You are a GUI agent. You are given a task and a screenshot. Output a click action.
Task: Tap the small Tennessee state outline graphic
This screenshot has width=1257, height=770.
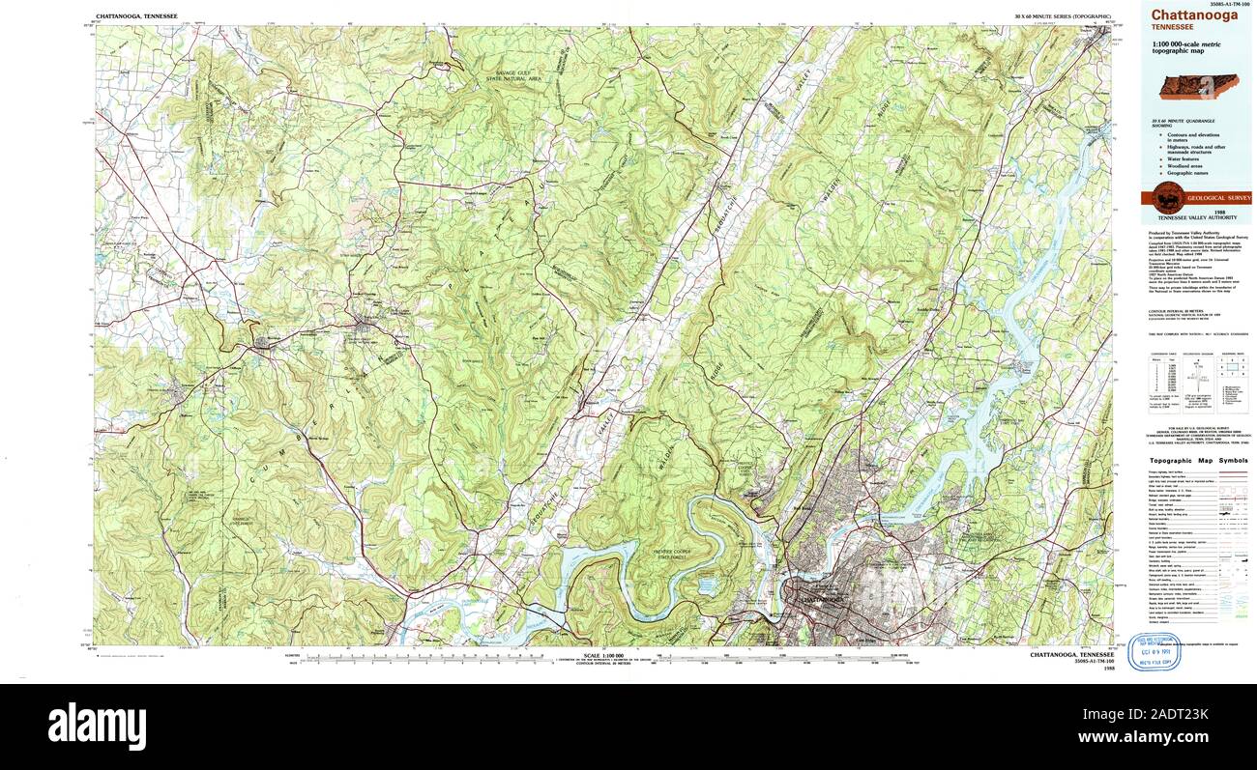(1199, 86)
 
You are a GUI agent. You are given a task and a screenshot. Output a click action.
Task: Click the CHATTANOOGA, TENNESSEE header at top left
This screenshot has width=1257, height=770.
(135, 17)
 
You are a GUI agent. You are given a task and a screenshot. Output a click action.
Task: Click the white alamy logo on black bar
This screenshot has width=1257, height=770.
(97, 725)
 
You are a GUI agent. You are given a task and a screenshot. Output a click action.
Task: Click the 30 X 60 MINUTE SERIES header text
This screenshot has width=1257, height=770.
(1056, 17)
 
